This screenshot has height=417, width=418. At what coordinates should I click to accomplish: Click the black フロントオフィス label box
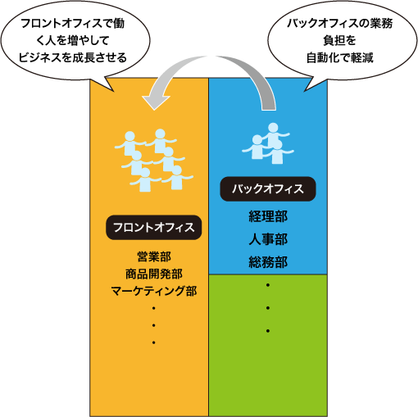click(x=154, y=228)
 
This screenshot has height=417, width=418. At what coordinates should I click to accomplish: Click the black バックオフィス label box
click(x=268, y=188)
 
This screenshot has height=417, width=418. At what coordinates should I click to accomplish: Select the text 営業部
click(x=154, y=256)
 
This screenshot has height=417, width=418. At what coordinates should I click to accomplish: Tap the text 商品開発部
click(x=154, y=274)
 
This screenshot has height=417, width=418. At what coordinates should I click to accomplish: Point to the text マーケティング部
click(x=154, y=291)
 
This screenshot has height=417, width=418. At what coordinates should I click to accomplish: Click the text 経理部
click(x=268, y=216)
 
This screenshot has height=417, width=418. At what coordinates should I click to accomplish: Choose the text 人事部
click(x=268, y=239)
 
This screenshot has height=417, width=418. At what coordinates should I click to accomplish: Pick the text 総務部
click(x=268, y=262)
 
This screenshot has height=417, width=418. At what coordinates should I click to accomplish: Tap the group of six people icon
click(x=154, y=161)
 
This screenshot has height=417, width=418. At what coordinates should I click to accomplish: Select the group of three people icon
click(x=268, y=143)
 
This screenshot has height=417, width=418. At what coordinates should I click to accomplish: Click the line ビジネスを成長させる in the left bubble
click(x=73, y=57)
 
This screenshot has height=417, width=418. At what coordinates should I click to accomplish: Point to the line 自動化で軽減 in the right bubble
click(x=340, y=57)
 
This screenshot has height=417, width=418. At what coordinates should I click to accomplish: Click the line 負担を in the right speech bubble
click(x=340, y=40)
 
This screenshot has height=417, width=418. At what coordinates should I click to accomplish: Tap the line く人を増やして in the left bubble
click(x=73, y=40)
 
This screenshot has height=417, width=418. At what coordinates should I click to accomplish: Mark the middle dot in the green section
click(x=268, y=308)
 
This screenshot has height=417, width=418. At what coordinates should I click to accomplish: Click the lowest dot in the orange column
click(x=154, y=342)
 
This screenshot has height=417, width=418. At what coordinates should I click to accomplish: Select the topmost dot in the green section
click(x=268, y=285)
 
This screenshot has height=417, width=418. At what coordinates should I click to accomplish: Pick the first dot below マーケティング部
click(x=154, y=308)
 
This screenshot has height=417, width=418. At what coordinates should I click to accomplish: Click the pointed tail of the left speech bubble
click(x=113, y=91)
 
